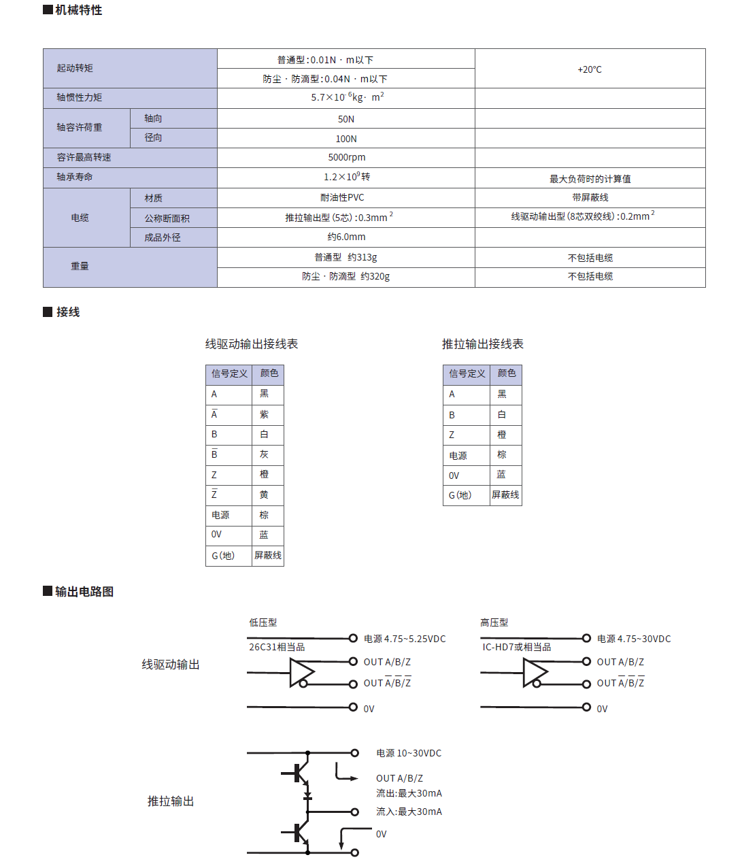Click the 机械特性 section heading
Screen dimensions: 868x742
coord(78,10)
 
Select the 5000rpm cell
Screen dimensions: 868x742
coord(346,158)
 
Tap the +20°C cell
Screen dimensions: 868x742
coord(590,69)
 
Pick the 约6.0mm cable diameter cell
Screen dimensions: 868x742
coord(346,237)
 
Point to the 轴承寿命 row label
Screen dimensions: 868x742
coord(75,177)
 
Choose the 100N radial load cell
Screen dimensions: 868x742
coord(346,139)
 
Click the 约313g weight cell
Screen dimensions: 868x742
coord(345,258)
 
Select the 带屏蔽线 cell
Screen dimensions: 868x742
coord(590,198)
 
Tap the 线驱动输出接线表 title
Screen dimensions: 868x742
coord(252,344)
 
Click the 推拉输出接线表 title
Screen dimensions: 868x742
coord(483,344)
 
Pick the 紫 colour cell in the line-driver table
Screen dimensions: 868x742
coord(265,414)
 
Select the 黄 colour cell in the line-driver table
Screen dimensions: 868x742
coord(265,495)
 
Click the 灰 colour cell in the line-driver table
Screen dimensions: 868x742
coord(265,454)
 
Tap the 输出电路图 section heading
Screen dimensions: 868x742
coord(84,592)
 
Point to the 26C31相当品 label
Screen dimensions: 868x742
coord(277,647)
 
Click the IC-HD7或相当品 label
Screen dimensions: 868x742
coord(517,647)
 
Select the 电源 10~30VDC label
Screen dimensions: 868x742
coord(409,753)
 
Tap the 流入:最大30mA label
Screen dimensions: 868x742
coord(409,812)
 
